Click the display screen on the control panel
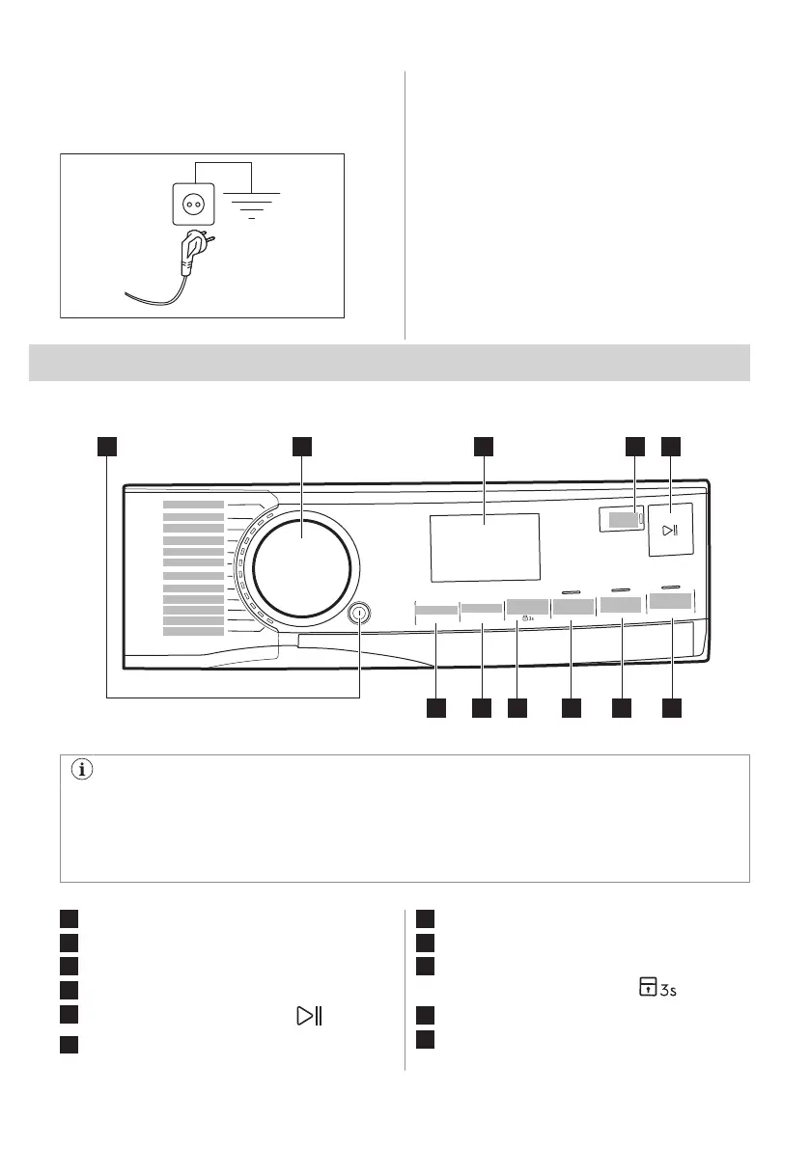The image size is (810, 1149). (x=485, y=547)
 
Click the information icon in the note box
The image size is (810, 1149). (x=80, y=772)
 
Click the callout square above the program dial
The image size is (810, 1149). (x=302, y=446)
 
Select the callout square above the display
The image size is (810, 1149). (x=484, y=446)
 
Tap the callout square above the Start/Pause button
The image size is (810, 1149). (x=671, y=446)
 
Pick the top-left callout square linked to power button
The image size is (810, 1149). (x=106, y=446)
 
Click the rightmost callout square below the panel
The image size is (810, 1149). (x=671, y=709)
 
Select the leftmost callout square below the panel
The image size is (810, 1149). (x=435, y=709)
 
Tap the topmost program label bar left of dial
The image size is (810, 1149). (x=193, y=505)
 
